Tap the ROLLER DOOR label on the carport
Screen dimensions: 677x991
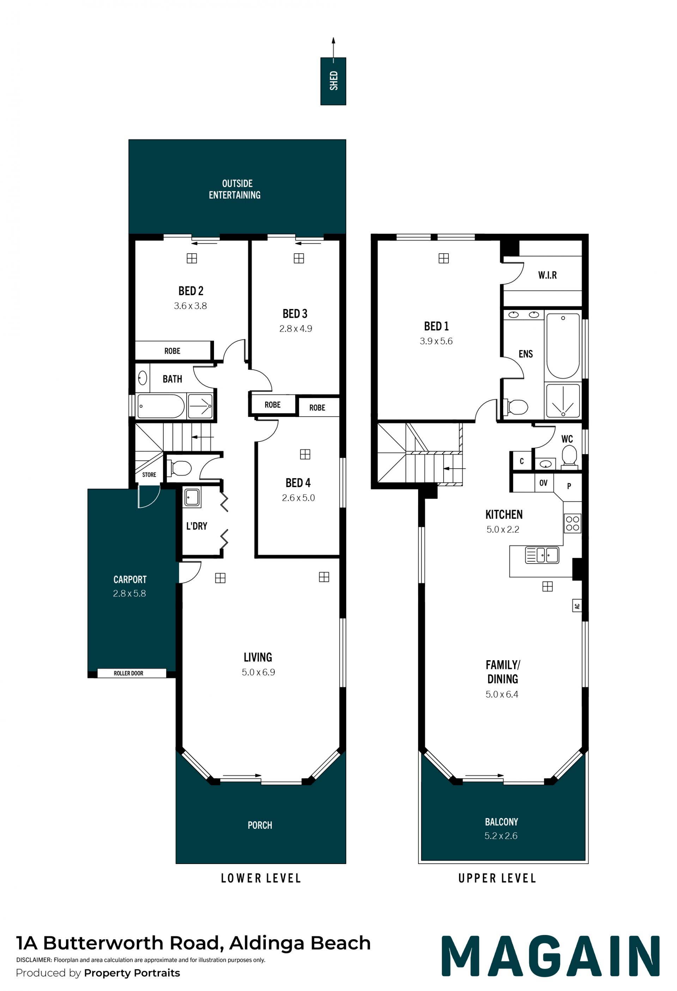[x=128, y=673]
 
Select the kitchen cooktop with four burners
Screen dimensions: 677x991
[x=572, y=523]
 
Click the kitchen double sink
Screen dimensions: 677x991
[x=542, y=555]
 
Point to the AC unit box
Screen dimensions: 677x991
[x=577, y=606]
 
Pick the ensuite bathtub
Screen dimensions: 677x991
[x=563, y=346]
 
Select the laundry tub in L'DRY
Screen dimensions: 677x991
[x=192, y=497]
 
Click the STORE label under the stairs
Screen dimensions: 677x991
[x=149, y=475]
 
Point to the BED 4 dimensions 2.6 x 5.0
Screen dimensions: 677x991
[x=298, y=498]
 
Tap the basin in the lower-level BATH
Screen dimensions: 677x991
[x=142, y=378]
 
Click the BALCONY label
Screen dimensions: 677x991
[x=501, y=822]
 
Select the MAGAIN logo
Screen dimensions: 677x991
[x=550, y=956]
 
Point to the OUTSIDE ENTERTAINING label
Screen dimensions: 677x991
[x=235, y=189]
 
